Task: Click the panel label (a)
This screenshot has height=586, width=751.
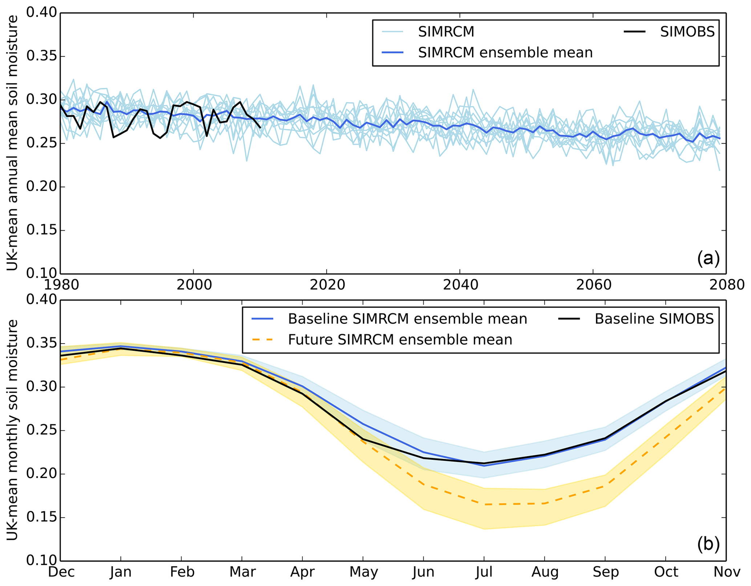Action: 708,258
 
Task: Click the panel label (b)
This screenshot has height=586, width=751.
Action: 708,544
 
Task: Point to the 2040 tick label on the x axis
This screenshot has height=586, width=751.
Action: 460,285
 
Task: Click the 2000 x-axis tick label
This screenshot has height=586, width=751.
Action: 194,285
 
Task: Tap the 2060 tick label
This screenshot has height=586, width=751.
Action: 593,285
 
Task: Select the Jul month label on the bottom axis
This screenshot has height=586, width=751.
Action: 484,572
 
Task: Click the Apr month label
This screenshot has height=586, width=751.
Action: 302,572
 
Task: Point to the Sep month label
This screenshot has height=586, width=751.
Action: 605,572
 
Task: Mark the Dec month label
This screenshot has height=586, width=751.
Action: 61,572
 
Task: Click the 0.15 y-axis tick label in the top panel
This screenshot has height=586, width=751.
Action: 41,230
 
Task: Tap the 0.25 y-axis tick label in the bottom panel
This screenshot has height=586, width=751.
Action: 41,430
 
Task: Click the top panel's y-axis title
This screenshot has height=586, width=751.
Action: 12,143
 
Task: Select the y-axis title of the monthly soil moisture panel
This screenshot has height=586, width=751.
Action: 12,430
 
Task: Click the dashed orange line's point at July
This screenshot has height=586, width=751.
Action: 484,504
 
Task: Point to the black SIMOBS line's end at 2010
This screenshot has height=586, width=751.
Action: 260,127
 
